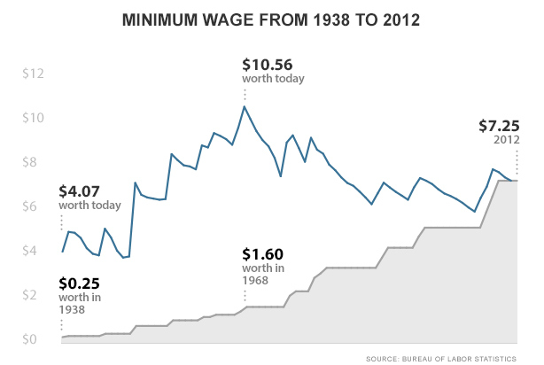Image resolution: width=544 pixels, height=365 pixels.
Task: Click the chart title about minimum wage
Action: [x=271, y=20]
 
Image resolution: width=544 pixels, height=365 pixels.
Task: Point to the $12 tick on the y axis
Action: [x=34, y=74]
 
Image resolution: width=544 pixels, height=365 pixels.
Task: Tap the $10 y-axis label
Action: [x=34, y=118]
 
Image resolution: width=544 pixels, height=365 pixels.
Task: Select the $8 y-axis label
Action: [x=29, y=162]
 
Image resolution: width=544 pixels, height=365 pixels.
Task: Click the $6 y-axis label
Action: [x=29, y=206]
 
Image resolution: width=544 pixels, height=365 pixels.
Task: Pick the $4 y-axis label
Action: [x=29, y=251]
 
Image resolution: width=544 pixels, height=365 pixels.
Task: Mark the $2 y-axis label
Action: [x=29, y=295]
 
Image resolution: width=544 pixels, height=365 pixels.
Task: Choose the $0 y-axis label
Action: [x=29, y=339]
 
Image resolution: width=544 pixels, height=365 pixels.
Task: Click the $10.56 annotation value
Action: [x=268, y=65]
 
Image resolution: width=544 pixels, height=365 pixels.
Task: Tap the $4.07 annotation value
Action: [x=80, y=191]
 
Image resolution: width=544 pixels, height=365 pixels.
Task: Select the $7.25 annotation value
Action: [x=499, y=126]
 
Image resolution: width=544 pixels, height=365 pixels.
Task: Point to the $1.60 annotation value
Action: [x=262, y=254]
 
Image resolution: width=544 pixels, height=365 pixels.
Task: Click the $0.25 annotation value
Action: [x=80, y=283]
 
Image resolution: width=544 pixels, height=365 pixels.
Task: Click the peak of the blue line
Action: [x=245, y=106]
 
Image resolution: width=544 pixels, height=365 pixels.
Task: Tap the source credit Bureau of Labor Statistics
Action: [x=441, y=359]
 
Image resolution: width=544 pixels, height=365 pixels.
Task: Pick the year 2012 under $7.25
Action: [x=507, y=140]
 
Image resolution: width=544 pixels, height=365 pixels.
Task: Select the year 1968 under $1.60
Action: [x=255, y=280]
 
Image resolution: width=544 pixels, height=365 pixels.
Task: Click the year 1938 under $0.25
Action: [x=72, y=309]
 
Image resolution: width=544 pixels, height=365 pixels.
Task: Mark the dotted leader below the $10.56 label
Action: [x=245, y=95]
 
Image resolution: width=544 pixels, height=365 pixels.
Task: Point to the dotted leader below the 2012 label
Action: [x=517, y=162]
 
